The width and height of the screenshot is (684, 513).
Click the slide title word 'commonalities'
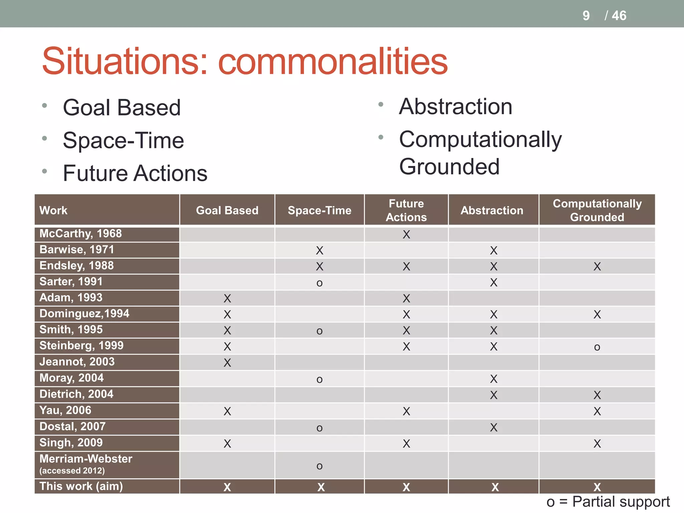[x=333, y=61]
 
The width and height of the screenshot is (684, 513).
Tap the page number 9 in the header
[x=586, y=16]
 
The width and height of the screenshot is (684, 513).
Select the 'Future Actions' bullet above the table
[x=135, y=173]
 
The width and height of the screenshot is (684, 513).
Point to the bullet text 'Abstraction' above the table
[x=455, y=107]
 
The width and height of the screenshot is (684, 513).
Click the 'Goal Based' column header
[x=227, y=210]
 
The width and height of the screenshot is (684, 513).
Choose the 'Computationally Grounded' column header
[x=597, y=210]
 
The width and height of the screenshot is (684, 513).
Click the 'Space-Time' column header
[x=319, y=210]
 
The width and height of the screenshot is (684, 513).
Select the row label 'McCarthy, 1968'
[x=80, y=233]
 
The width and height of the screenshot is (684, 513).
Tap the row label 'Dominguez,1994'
[x=84, y=314]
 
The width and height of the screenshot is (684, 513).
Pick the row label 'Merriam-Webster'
[x=86, y=459]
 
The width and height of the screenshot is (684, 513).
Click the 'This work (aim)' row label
[x=81, y=486]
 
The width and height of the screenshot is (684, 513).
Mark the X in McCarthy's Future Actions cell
[x=406, y=235]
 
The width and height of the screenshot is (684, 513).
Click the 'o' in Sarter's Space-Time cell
[x=319, y=283]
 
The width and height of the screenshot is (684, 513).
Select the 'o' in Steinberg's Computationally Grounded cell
[x=597, y=347]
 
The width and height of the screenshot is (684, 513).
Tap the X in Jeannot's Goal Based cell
[x=227, y=363]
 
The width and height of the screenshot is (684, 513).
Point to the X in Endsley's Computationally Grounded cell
[x=597, y=267]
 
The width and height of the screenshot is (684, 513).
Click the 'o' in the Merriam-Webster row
[x=319, y=466]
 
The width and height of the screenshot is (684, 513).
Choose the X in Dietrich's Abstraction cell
[x=493, y=395]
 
